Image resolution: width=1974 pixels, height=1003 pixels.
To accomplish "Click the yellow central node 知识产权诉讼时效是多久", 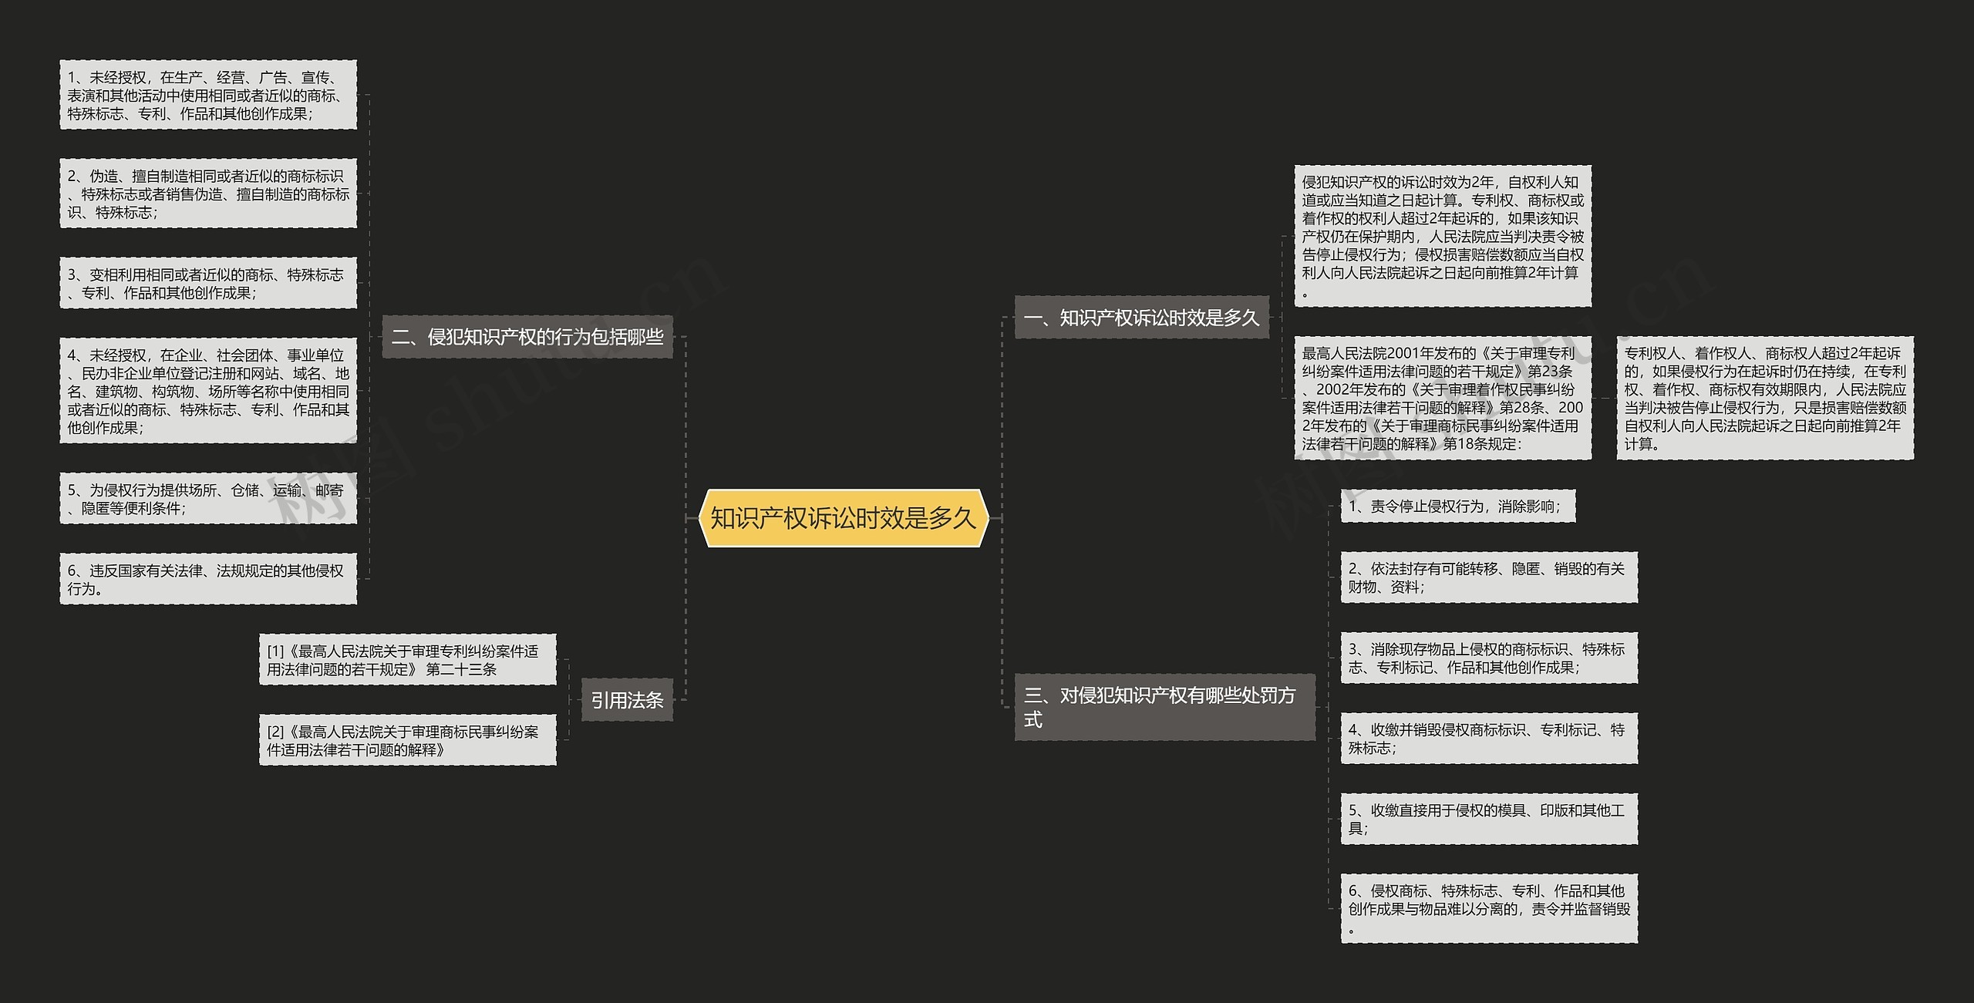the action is [x=843, y=518].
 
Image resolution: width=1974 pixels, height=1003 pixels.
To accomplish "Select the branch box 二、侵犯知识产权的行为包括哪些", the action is [x=527, y=337].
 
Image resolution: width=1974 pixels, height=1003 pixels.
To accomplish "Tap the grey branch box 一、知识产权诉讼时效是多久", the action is [x=1141, y=317].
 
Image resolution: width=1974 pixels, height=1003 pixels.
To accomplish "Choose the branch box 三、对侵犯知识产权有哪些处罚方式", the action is [x=1164, y=707].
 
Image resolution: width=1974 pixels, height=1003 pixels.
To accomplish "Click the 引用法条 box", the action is [x=627, y=700].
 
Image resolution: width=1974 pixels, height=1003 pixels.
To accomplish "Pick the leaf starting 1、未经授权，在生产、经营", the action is [x=208, y=95].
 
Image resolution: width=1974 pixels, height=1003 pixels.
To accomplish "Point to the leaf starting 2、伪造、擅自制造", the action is [x=208, y=194].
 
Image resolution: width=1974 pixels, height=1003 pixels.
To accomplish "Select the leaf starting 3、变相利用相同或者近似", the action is [x=208, y=283].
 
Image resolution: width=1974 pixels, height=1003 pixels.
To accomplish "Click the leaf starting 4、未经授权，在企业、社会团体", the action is [x=208, y=390].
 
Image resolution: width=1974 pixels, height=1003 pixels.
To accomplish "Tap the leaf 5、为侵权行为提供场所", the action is [x=208, y=499].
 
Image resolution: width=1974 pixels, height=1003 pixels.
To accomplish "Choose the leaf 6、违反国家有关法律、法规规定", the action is [x=208, y=579].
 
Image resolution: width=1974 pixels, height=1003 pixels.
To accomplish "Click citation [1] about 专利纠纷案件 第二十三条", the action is [x=407, y=660].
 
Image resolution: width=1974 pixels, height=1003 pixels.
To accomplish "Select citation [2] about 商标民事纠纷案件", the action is [x=407, y=740].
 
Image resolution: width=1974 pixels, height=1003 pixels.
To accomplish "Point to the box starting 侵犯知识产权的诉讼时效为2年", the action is [x=1443, y=236].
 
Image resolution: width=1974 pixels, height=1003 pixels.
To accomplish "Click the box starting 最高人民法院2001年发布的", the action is [x=1443, y=398].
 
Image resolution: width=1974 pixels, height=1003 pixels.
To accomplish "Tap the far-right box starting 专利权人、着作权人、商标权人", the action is [x=1765, y=398].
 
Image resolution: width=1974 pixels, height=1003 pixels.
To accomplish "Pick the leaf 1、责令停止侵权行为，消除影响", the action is [x=1457, y=506].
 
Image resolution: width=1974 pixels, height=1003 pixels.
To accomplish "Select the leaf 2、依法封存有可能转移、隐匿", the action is [x=1489, y=577].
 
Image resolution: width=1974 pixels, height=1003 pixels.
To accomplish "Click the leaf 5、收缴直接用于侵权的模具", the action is [x=1489, y=819].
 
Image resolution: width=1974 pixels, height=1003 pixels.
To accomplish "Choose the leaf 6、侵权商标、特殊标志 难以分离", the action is [x=1489, y=908].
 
